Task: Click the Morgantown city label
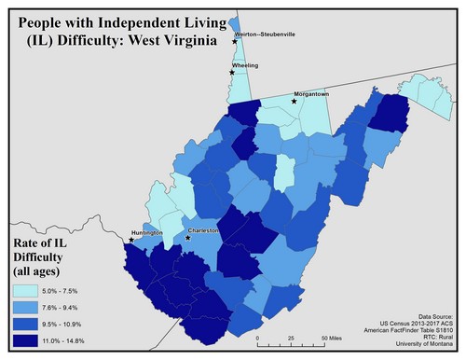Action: pos(313,93)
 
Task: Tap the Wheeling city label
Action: pos(246,65)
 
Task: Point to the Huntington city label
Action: pos(146,231)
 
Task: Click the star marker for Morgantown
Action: pos(295,101)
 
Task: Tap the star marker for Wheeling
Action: pos(232,72)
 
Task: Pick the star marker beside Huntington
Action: pos(131,240)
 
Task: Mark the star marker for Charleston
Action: pos(188,238)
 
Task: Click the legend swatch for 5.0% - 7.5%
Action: pos(22,292)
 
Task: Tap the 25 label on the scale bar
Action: pos(292,338)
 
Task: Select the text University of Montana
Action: pos(421,348)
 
